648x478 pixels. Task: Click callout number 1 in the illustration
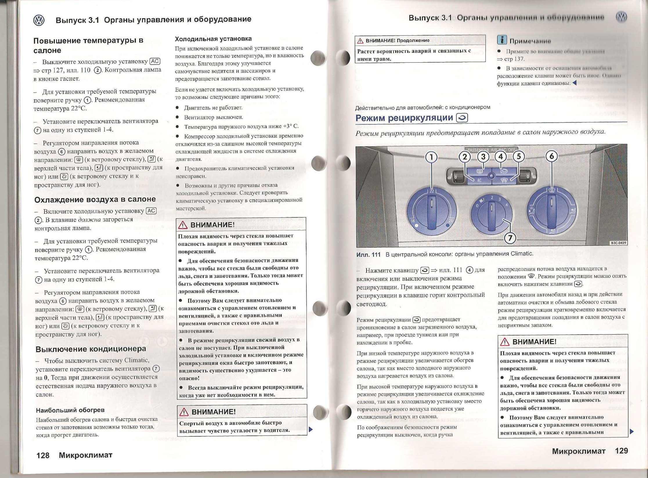tap(432, 157)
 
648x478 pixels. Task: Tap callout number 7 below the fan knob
tap(510, 238)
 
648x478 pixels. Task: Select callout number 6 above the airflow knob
tap(551, 156)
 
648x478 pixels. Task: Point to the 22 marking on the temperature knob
tap(432, 191)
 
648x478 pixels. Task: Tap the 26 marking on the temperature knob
tap(450, 220)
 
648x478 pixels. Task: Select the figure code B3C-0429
tap(618, 243)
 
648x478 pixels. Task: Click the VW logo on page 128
tap(39, 20)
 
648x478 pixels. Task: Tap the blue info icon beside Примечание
tap(502, 40)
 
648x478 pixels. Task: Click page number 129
tap(622, 451)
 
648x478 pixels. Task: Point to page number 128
tap(43, 455)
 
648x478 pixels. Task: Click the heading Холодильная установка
tap(213, 39)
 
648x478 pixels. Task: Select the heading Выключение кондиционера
tap(91, 349)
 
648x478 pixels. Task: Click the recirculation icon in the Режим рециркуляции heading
tap(462, 118)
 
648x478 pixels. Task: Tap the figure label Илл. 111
tap(368, 255)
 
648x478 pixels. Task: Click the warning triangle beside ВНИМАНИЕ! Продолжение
tap(360, 41)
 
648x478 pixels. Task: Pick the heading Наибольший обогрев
tap(70, 410)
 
